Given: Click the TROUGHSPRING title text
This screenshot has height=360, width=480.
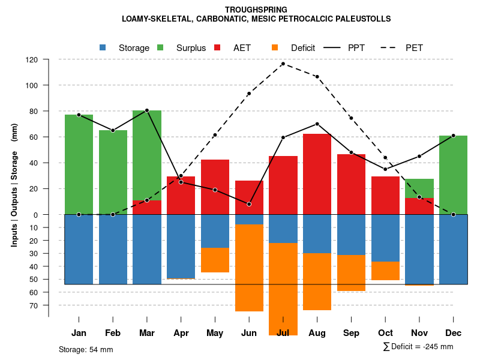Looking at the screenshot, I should point(256,10).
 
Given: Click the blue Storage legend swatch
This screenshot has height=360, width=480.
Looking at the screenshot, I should point(103,48).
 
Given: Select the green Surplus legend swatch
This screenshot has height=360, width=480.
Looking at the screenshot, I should point(160,48).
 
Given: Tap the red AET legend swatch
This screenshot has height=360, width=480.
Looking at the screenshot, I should point(217,48).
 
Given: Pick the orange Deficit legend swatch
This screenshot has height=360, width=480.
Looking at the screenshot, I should point(275,48).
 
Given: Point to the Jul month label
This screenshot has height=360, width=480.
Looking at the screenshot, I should point(283,333).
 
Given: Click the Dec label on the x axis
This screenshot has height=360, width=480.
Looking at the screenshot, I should point(453,333).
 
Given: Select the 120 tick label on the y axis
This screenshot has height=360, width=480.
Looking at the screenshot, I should point(32,60).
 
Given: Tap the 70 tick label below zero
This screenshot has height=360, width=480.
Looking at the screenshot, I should point(34,305).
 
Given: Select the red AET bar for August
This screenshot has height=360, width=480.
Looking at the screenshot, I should point(317,174).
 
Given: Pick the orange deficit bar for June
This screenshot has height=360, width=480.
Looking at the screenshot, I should point(249,268).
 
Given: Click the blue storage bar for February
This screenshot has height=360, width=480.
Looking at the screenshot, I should point(113,249).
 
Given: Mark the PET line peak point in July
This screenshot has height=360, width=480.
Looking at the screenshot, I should point(283,64).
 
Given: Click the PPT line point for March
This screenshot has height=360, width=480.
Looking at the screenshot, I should point(147,110).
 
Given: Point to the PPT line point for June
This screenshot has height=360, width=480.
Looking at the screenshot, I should point(249,204).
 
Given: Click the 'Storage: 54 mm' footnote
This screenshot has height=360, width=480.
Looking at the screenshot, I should point(86,349).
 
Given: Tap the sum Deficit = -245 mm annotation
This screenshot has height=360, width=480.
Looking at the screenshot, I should point(418,347).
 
